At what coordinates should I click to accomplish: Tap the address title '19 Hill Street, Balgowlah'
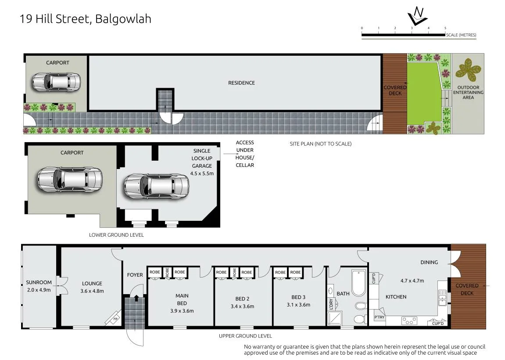coord(86,19)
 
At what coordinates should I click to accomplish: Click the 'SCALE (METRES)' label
coord(461,35)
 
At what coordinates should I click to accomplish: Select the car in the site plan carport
coord(56,82)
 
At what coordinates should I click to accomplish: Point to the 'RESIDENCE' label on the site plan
coord(242,83)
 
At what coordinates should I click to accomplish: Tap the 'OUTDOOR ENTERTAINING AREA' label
coord(468,92)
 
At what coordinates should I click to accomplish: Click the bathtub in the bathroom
coord(358,283)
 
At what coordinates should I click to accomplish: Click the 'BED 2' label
coord(242,299)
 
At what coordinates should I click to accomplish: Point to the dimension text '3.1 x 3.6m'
coord(298,305)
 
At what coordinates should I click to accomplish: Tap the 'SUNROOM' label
coord(39,282)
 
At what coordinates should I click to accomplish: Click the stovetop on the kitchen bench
coord(409,321)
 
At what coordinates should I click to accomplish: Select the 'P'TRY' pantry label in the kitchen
coord(380,317)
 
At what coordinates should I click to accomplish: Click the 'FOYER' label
coord(135,275)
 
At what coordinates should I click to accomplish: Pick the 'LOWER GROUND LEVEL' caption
coord(116,235)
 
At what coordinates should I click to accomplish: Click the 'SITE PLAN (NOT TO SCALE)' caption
coord(320,144)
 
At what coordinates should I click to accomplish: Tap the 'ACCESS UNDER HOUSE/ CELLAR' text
coord(245,154)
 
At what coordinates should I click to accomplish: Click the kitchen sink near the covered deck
coord(442,297)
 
